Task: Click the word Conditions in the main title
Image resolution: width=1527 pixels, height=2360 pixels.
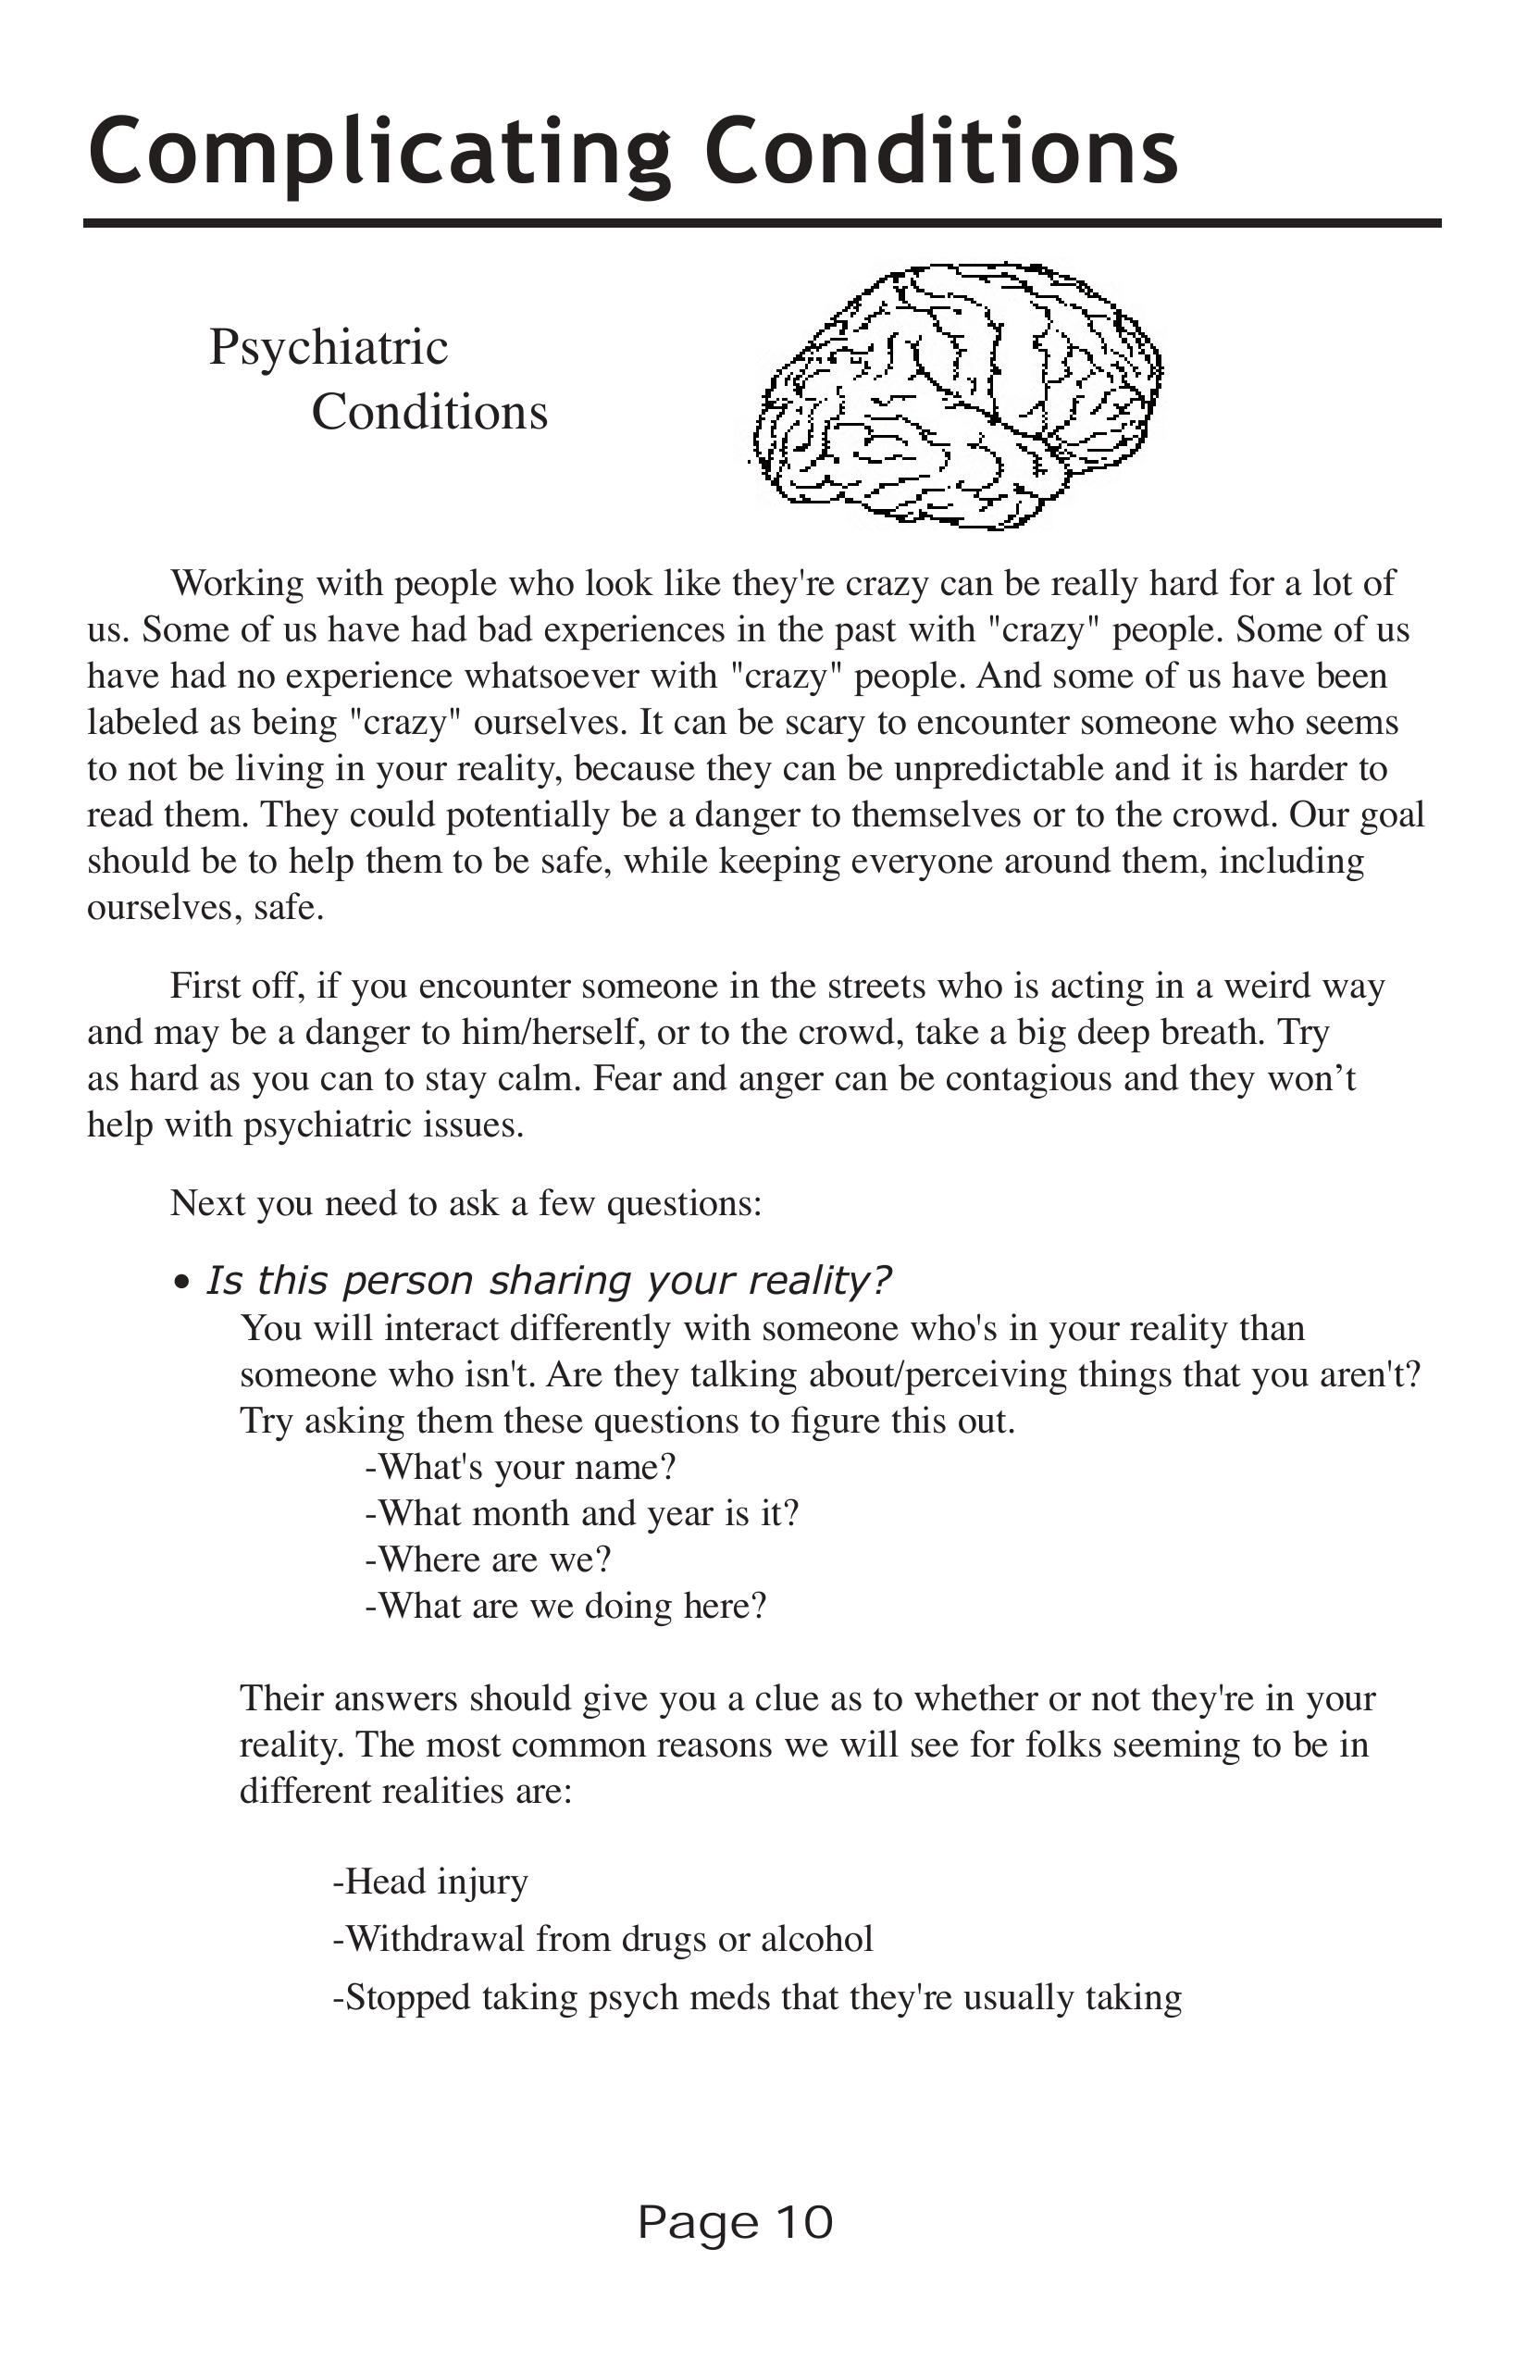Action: [941, 152]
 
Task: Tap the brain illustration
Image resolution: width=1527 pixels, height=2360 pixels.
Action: [956, 393]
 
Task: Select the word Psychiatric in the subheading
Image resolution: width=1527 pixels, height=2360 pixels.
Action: [329, 347]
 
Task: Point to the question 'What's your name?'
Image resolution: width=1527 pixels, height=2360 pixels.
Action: [520, 1467]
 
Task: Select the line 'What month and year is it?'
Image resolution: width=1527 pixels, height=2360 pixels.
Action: [581, 1513]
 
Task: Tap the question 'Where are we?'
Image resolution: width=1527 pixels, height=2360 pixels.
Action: [488, 1559]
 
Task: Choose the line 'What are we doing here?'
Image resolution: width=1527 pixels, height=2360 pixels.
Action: [566, 1606]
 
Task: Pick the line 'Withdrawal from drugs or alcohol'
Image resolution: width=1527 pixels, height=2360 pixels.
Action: [602, 1939]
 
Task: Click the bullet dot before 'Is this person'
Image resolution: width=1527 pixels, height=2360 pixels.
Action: [180, 1283]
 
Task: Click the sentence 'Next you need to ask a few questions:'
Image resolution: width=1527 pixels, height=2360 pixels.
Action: [466, 1203]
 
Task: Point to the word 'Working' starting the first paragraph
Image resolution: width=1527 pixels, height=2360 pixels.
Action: [237, 583]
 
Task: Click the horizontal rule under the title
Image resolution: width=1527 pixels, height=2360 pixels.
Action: [762, 223]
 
